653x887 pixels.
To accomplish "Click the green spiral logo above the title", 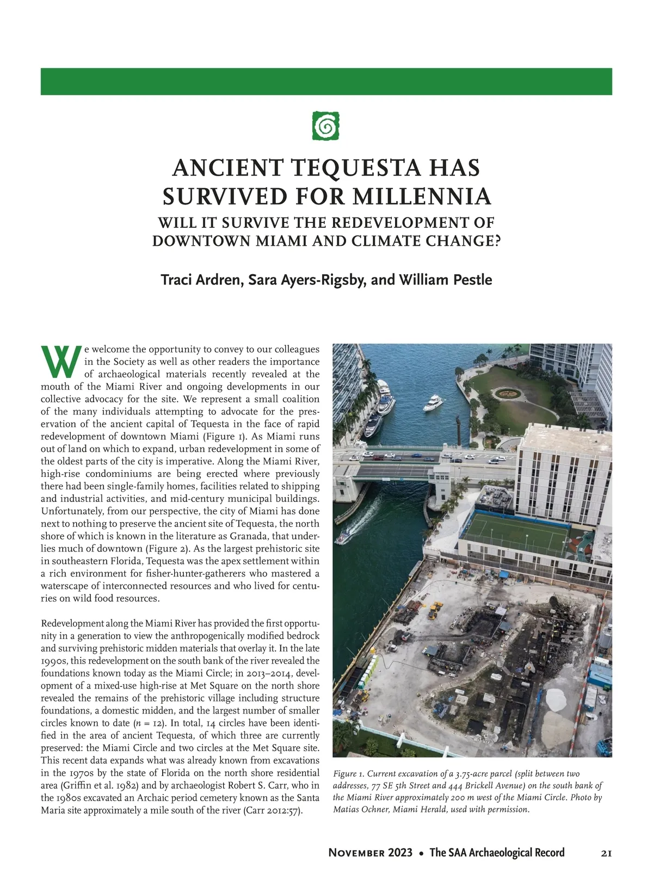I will pos(326,126).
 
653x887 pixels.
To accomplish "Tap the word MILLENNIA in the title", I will pos(422,196).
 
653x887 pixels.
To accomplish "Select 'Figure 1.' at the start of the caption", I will pos(348,774).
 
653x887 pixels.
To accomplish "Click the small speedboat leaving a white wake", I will pos(343,538).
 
